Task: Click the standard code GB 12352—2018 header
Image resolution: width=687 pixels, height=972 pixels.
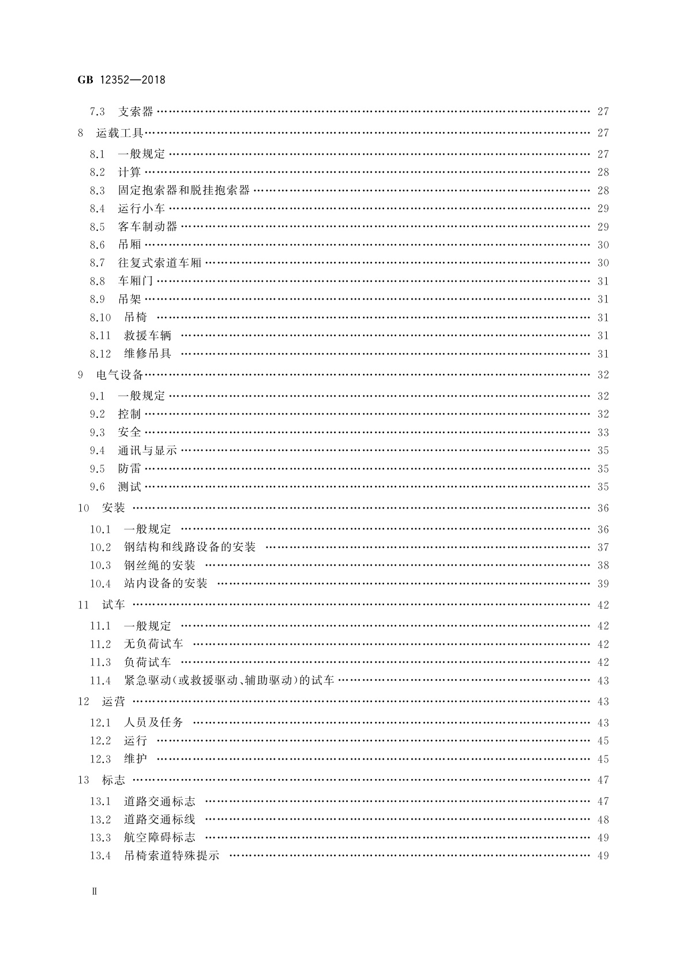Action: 121,80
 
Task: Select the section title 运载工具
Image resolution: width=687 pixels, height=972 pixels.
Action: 119,133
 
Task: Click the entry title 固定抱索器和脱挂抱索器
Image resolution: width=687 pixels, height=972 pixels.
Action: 184,190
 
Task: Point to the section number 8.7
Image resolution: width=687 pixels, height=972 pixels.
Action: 97,263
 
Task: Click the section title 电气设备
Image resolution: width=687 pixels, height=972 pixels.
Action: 119,375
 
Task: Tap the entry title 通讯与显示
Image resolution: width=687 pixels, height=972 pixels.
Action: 148,451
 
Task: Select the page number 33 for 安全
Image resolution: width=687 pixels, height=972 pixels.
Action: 603,432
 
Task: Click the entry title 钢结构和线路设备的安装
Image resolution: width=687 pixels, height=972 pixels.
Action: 190,547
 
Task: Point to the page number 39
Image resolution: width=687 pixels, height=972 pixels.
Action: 603,584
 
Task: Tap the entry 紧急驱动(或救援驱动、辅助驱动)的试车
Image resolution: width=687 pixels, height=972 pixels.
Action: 229,681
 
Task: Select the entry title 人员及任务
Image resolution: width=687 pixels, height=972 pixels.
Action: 153,723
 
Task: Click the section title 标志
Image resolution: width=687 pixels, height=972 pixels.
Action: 114,780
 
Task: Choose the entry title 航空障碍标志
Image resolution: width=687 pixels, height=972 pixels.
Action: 160,838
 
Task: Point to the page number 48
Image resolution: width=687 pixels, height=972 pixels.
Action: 603,820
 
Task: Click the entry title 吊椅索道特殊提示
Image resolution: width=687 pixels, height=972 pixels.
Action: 172,856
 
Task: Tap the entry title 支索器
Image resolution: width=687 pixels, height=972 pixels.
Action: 136,112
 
